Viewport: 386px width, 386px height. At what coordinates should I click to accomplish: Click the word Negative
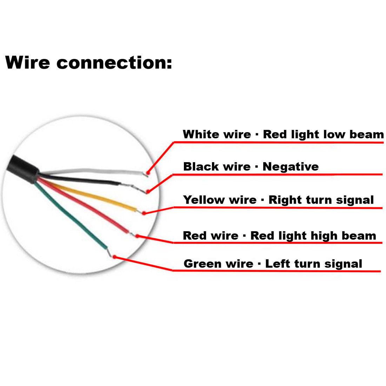pos(291,166)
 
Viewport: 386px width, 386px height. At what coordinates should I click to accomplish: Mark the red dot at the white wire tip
pos(148,173)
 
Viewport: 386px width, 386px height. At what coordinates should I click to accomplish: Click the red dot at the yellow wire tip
pos(144,213)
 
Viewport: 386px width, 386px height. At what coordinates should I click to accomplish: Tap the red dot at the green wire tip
pos(114,257)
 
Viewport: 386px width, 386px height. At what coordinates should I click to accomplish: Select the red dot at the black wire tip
pos(148,191)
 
